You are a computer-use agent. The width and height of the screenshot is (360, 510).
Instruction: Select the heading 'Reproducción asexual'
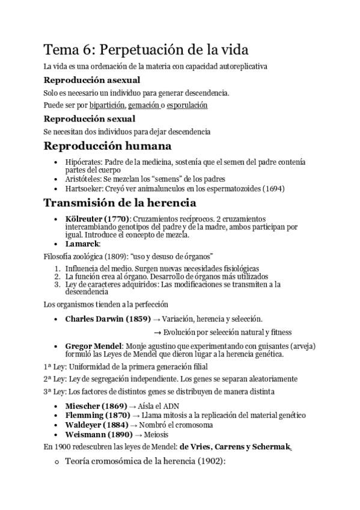(x=92, y=80)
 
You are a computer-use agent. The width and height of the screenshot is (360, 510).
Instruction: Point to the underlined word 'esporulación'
(x=188, y=105)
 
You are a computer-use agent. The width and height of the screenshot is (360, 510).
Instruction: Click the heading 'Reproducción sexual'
(x=89, y=118)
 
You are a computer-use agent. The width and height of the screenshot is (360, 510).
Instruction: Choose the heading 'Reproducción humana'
(x=108, y=146)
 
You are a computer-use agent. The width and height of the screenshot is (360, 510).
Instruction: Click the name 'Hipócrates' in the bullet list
(x=83, y=162)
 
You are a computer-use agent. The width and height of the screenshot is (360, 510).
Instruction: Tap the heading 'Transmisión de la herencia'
(x=120, y=203)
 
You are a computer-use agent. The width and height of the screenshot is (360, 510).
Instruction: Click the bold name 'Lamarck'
(x=82, y=244)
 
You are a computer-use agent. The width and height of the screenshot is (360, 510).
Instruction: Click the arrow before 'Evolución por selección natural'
(x=157, y=331)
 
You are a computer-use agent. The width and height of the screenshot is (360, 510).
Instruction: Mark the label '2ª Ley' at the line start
(x=54, y=379)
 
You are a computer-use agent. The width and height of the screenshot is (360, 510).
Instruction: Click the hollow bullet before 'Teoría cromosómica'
(x=56, y=462)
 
